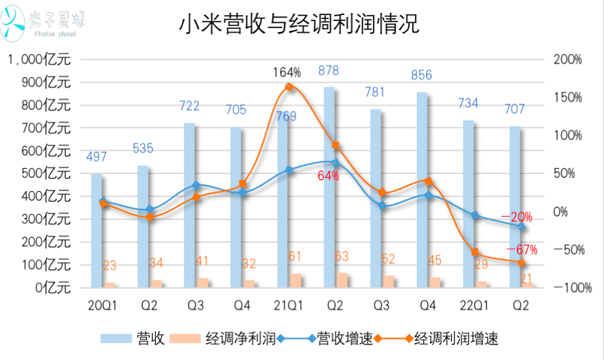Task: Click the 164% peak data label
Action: click(286, 72)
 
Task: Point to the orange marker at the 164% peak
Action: click(289, 87)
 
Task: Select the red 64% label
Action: click(328, 175)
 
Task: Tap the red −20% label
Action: click(517, 217)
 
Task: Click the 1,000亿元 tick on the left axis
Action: click(39, 60)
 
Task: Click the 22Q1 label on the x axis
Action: click(474, 305)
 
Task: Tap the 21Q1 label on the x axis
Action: click(288, 305)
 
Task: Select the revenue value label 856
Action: click(421, 75)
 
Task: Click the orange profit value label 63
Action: click(342, 256)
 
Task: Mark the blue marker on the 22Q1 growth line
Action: click(475, 215)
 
